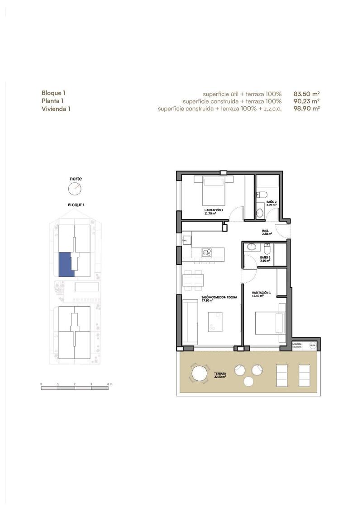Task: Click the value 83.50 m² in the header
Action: [306, 93]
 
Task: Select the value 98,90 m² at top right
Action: [306, 109]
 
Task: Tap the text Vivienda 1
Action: [56, 109]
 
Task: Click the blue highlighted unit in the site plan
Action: [66, 265]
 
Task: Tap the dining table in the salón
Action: [193, 280]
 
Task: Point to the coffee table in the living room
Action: [214, 322]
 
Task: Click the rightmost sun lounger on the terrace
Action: [305, 373]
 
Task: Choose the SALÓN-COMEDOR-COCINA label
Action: [219, 299]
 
